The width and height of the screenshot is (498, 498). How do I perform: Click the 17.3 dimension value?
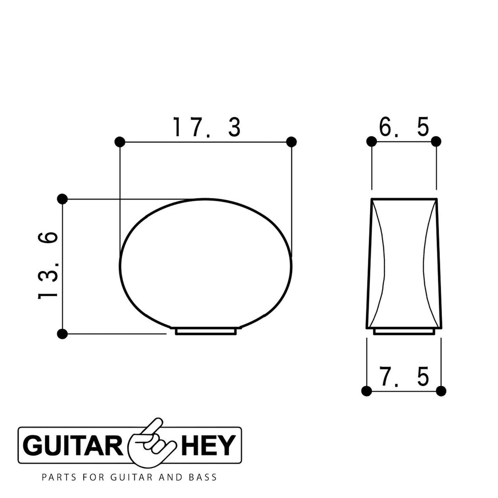(x=207, y=127)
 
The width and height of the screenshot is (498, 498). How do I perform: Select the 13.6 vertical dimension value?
(x=48, y=265)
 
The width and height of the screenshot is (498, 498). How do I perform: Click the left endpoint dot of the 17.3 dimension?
(x=120, y=142)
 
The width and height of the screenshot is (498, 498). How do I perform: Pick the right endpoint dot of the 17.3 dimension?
(x=291, y=142)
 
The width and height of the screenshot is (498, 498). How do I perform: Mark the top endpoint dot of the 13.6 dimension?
(x=62, y=199)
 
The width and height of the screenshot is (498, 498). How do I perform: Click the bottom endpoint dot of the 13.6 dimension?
(x=62, y=334)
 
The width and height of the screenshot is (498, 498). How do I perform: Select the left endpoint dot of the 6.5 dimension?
(x=371, y=142)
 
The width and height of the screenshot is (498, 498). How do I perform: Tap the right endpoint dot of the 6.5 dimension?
(x=436, y=142)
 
